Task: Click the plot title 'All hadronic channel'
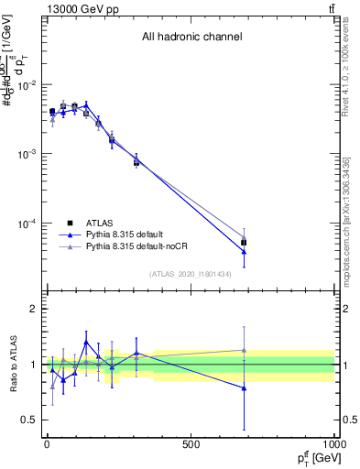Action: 191,38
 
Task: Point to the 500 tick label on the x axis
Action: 191,444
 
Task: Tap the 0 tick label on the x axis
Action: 47,444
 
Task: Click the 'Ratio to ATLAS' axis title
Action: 12,364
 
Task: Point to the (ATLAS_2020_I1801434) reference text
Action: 191,274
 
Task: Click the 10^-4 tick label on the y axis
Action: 27,224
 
